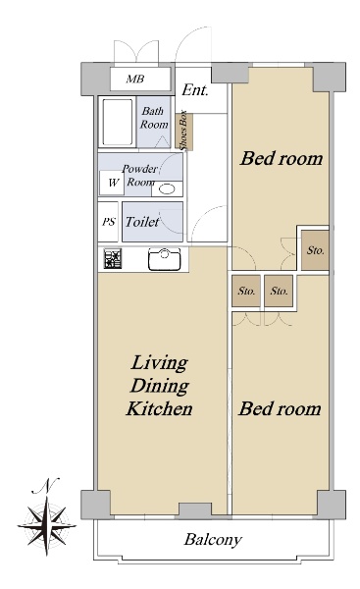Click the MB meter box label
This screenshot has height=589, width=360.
[x=135, y=80]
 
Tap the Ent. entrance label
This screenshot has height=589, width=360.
[x=195, y=90]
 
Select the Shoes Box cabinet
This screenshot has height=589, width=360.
[x=184, y=131]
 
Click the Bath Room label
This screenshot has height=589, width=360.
[x=154, y=118]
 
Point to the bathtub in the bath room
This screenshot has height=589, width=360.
[x=118, y=122]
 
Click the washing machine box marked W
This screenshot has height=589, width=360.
[x=112, y=183]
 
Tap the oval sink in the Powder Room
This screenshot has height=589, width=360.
[x=167, y=188]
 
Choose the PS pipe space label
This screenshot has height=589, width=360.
[x=109, y=222]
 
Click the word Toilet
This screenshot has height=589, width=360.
[x=142, y=222]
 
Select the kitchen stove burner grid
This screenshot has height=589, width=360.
[x=113, y=259]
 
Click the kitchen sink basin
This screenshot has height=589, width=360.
[x=165, y=258]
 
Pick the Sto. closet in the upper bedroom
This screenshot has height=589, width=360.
[x=315, y=250]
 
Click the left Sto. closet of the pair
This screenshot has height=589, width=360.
[x=246, y=291]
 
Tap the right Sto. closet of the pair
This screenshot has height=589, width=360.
[x=279, y=291]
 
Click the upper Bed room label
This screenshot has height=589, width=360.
[x=282, y=158]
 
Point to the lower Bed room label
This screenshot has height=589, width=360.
[x=280, y=408]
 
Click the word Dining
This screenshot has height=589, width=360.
[x=160, y=387]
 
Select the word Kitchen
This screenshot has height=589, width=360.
[x=160, y=408]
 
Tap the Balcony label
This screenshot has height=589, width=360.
[x=213, y=540]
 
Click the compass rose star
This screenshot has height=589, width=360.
[x=47, y=525]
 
